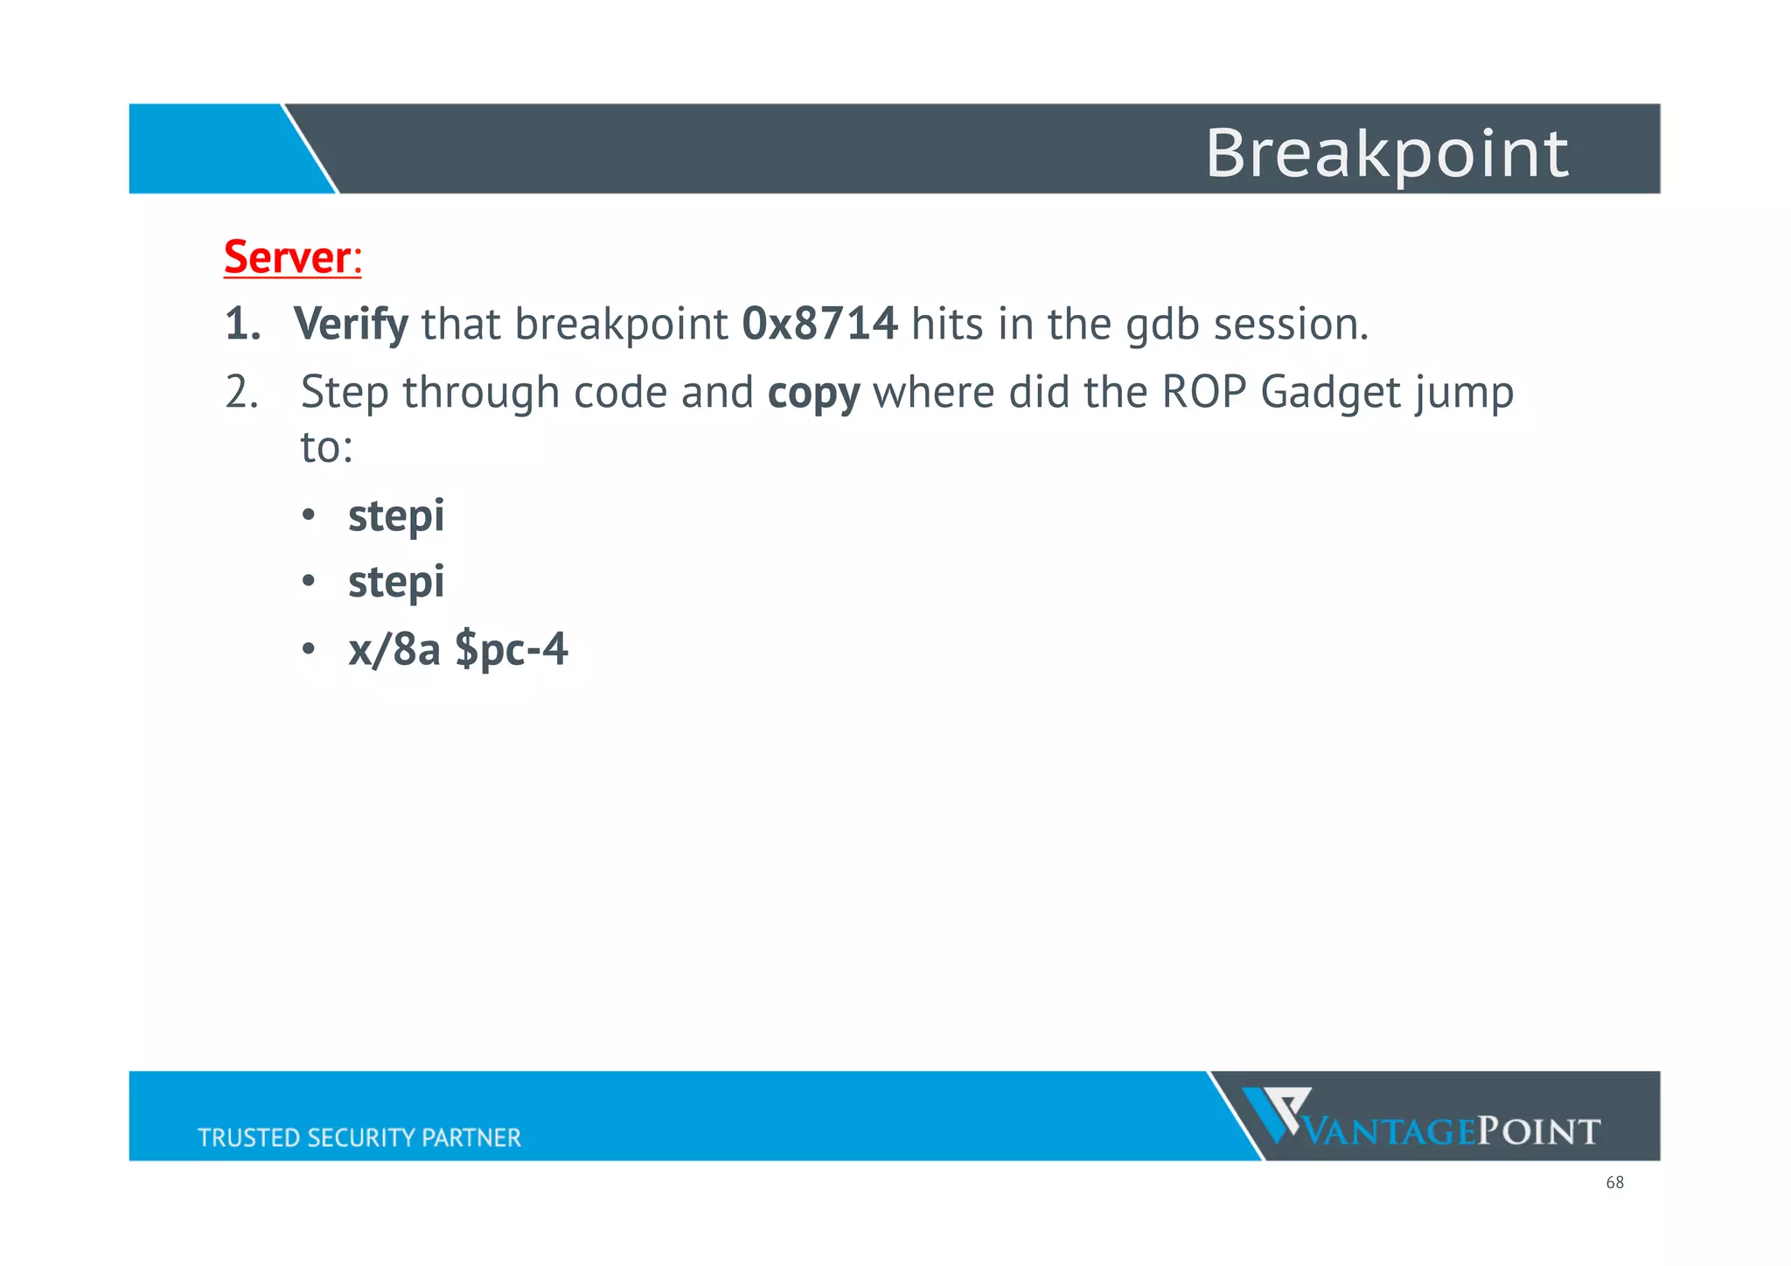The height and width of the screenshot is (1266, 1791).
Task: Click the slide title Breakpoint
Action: [x=1386, y=153]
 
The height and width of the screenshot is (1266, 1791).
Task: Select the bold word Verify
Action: [x=351, y=325]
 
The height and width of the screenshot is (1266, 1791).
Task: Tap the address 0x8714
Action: [x=819, y=324]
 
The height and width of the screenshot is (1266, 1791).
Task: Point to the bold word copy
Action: [x=813, y=393]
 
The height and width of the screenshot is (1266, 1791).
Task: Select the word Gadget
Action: [x=1329, y=393]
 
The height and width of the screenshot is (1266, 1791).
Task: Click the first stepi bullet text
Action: [x=396, y=516]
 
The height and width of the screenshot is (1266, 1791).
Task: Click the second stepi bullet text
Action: [x=396, y=583]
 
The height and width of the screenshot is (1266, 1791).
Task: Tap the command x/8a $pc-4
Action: [x=457, y=650]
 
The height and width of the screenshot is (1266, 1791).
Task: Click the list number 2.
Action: [x=241, y=392]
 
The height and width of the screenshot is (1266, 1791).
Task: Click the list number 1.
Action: [x=242, y=325]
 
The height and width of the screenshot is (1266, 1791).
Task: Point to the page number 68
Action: [x=1614, y=1183]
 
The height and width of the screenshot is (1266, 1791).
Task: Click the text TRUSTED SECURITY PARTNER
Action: [x=359, y=1137]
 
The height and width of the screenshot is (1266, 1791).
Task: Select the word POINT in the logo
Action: [x=1538, y=1132]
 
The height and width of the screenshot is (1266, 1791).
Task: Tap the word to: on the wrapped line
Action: [x=326, y=448]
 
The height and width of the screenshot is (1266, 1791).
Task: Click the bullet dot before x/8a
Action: [x=308, y=650]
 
